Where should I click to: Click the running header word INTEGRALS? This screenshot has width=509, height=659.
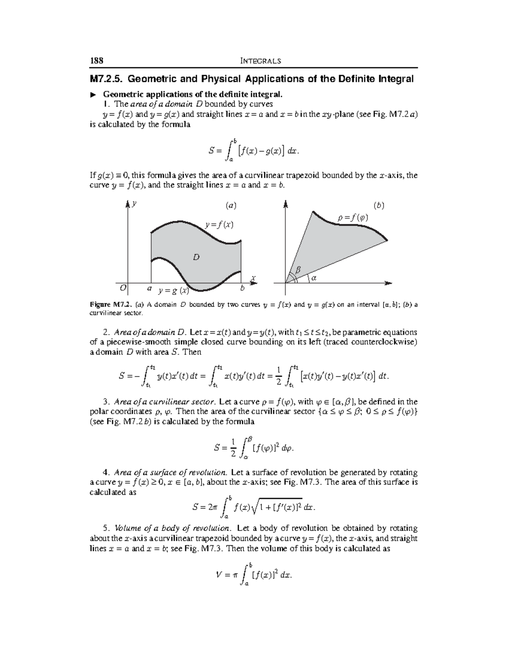click(x=260, y=61)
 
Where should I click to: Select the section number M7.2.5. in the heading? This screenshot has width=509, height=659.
click(x=106, y=79)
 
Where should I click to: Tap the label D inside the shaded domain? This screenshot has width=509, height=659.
click(x=196, y=257)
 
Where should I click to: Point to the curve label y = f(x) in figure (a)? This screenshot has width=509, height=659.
click(x=219, y=224)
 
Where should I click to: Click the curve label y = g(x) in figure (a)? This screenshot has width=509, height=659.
click(x=173, y=291)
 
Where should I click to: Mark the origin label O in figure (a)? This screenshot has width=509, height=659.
click(x=123, y=288)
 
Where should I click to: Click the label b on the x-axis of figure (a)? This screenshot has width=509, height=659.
click(x=242, y=288)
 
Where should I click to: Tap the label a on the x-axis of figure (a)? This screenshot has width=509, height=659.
click(x=149, y=288)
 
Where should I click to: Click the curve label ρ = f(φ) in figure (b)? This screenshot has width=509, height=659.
click(x=353, y=218)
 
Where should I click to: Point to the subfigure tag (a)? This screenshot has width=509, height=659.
click(x=231, y=206)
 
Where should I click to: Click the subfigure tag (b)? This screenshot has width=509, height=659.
click(x=378, y=206)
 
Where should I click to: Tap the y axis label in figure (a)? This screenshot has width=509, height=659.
click(x=134, y=204)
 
